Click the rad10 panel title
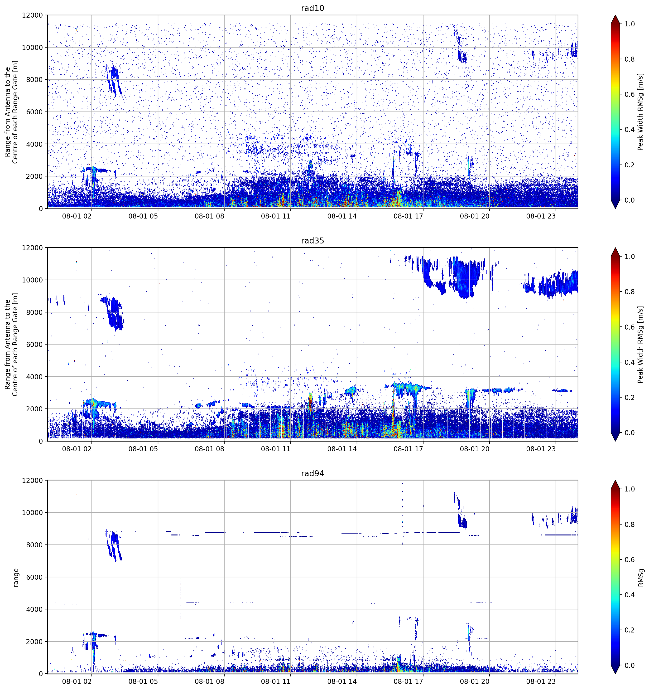(x=312, y=8)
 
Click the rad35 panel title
(x=312, y=241)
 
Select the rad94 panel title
(x=312, y=473)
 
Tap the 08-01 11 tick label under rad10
(x=275, y=216)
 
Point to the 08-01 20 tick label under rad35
(x=475, y=449)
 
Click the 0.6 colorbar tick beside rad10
(x=630, y=94)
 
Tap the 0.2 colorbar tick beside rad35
(x=630, y=397)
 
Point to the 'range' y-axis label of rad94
(x=16, y=577)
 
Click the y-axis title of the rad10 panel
(x=11, y=112)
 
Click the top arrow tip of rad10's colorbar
(x=615, y=15)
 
